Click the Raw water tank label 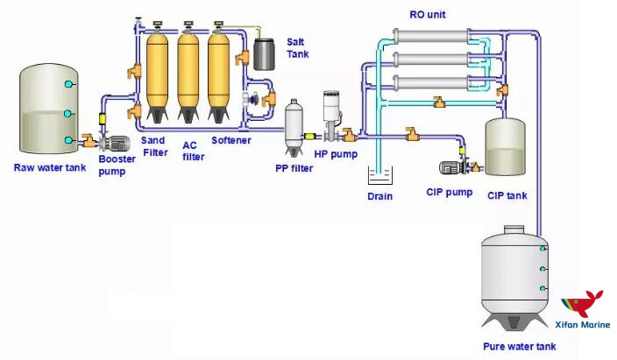[50, 167]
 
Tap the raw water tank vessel [46, 109]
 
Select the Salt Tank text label [298, 48]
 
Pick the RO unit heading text [429, 15]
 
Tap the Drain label [379, 196]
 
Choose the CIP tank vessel [504, 147]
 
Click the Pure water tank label [519, 347]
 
